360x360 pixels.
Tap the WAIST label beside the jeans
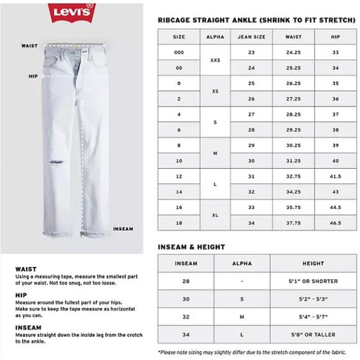click(29, 46)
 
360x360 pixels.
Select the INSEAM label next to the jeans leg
click(123, 229)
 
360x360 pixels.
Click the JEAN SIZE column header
click(251, 37)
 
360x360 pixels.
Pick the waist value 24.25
click(294, 53)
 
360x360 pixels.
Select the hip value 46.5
click(335, 223)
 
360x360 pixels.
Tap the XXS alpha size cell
click(215, 60)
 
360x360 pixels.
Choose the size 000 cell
click(179, 53)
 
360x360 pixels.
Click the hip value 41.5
click(335, 176)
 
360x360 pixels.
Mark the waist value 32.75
click(294, 176)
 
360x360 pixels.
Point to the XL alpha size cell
click(215, 215)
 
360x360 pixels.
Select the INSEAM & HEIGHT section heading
click(191, 247)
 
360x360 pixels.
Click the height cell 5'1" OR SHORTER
click(304, 281)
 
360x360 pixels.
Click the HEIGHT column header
click(304, 263)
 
